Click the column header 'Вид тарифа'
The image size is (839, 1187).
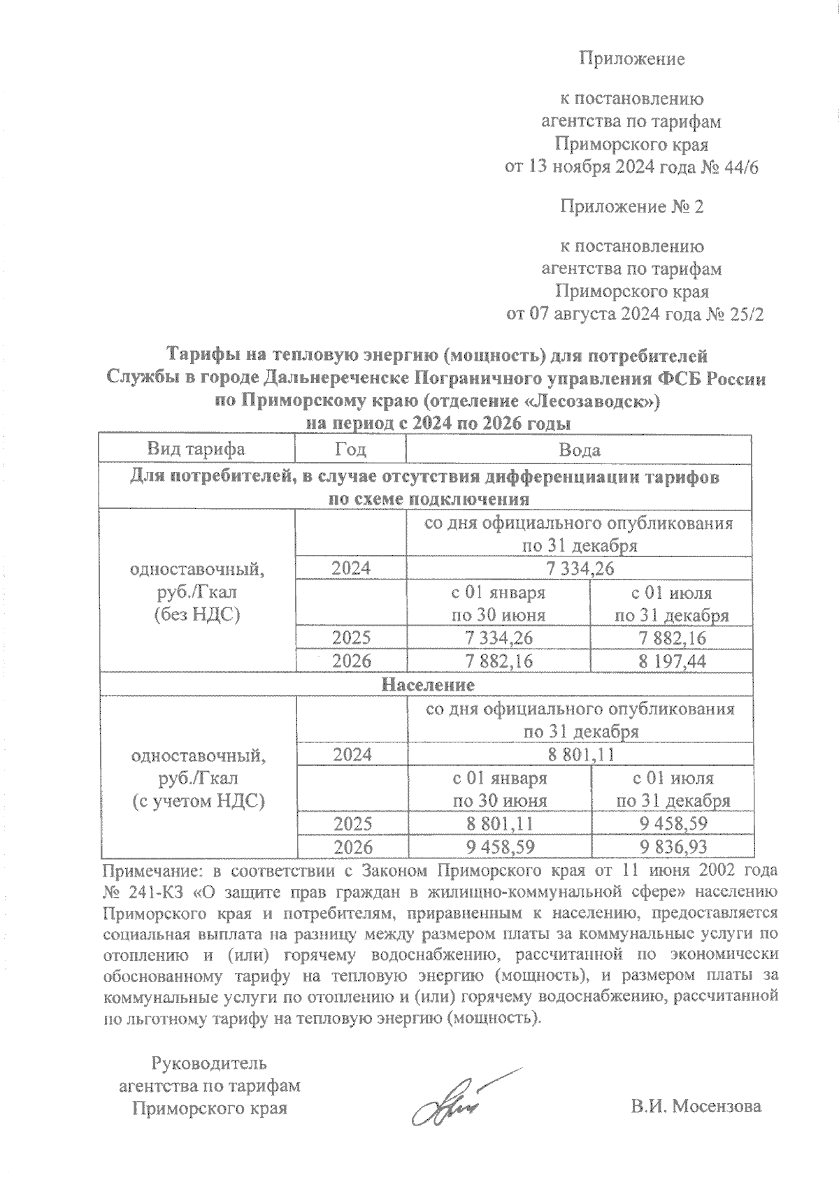(x=196, y=449)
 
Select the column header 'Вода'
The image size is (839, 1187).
(x=579, y=449)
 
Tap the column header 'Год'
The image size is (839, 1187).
(x=350, y=449)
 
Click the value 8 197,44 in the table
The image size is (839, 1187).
(x=671, y=661)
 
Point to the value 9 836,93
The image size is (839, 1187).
(x=673, y=847)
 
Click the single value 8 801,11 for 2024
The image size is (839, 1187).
(x=580, y=755)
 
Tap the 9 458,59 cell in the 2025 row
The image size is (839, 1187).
(x=673, y=823)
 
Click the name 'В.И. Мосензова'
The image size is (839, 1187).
(x=695, y=1107)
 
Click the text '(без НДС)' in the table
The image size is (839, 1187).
(x=196, y=615)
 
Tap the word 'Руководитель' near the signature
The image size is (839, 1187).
(x=210, y=1063)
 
